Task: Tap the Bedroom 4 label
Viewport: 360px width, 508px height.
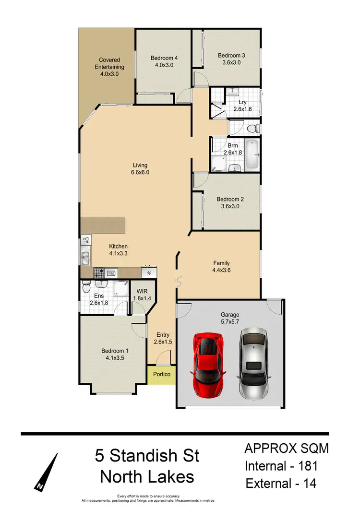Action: [164, 58]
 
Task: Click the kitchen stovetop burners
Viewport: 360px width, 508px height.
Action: [99, 273]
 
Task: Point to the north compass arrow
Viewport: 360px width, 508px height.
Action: [48, 472]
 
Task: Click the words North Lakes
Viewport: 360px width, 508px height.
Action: [146, 477]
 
